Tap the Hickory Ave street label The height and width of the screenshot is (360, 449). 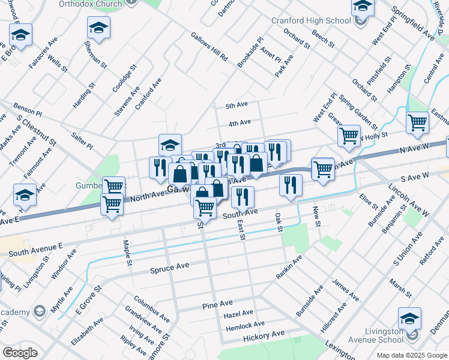264,335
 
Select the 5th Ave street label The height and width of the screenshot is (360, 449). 237,105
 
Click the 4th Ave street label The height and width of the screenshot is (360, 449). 240,123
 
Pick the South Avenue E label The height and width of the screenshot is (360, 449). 36,248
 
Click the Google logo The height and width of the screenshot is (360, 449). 20,353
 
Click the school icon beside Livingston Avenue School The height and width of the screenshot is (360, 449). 409,318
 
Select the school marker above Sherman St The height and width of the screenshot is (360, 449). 98,27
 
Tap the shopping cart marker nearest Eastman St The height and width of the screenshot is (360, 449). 417,122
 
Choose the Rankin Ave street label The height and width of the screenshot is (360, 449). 289,266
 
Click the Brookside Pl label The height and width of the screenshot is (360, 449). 250,52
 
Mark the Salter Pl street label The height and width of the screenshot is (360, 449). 82,142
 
